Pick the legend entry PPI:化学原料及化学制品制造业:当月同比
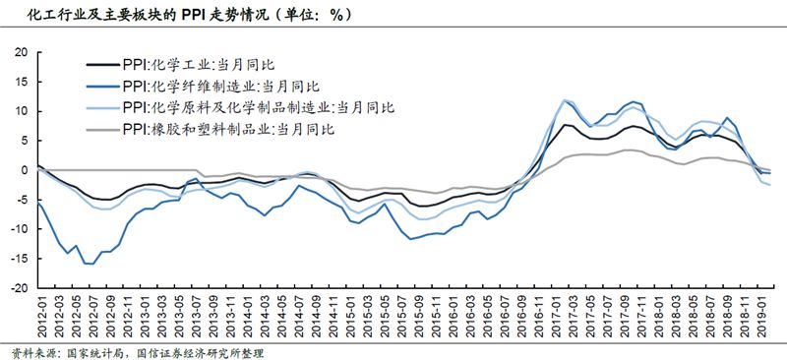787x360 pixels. coord(258,107)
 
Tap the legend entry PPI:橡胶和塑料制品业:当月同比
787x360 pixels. coord(228,128)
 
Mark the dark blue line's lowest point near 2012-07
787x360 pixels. coord(91,264)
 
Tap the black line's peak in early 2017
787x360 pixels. coord(566,124)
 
